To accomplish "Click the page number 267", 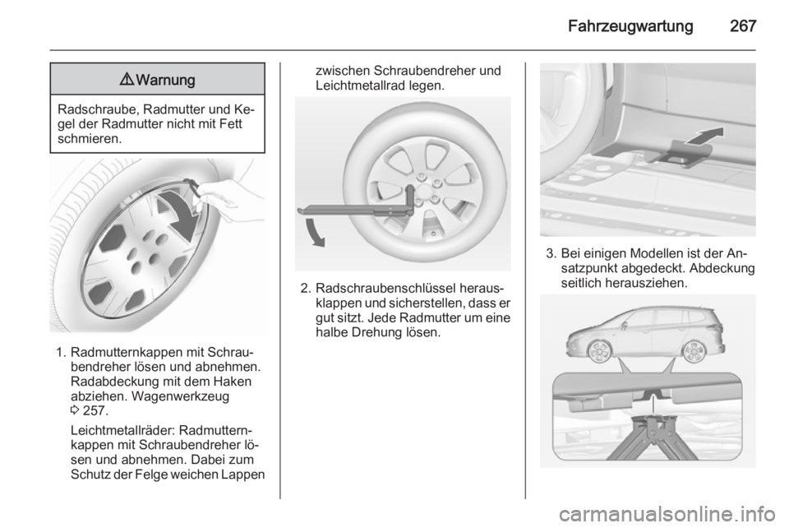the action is (x=743, y=25).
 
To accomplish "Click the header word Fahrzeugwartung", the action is (x=630, y=26).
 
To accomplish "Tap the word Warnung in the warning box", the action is (x=165, y=80).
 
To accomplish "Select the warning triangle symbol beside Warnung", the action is (x=127, y=79).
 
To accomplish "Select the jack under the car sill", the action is (x=652, y=436).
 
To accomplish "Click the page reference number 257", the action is (x=95, y=410).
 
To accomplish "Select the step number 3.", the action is (x=551, y=253).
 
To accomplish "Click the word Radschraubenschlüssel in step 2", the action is (x=392, y=289).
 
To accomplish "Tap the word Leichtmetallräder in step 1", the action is (x=124, y=431).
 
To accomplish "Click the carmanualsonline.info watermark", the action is (x=667, y=514).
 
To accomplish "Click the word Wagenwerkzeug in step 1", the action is (x=180, y=396).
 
